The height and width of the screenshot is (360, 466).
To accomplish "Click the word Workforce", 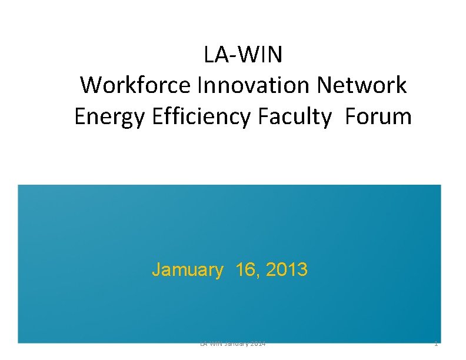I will tap(137, 85).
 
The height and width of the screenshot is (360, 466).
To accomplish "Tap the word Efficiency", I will tap(204, 116).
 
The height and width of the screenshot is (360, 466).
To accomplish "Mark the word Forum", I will tap(378, 116).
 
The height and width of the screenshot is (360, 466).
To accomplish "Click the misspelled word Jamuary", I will tap(188, 270).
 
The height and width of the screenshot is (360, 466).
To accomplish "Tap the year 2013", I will tap(287, 270).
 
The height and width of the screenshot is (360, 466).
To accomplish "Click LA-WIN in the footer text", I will tap(211, 344).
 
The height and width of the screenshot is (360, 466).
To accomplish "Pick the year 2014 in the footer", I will tap(257, 344).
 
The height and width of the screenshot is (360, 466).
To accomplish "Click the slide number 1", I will tap(435, 344).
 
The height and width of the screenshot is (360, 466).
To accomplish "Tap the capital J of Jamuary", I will tap(156, 270).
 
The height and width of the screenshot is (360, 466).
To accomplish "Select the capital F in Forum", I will tap(351, 116).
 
